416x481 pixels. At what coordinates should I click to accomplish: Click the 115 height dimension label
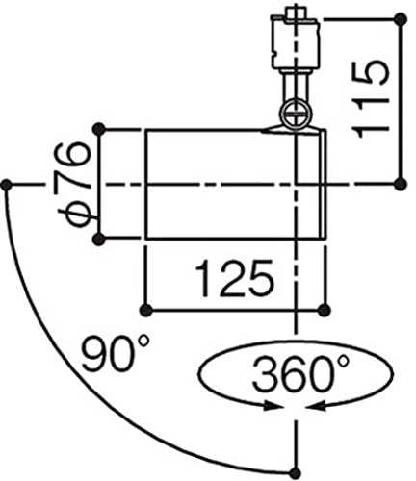370,99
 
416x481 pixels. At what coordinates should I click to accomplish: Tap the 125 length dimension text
235,278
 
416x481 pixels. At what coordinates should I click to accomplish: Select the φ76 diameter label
73,185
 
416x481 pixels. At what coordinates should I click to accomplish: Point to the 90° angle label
116,353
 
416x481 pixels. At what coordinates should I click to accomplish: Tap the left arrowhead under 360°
272,406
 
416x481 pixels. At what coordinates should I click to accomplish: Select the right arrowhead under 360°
316,406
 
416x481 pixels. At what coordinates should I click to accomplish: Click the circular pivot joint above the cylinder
296,114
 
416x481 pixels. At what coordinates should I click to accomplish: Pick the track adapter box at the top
296,43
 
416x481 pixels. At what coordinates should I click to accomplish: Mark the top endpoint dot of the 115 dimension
401,19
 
